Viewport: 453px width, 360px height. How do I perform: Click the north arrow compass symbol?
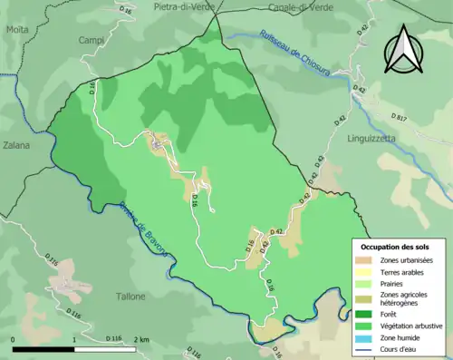[x=404, y=50]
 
